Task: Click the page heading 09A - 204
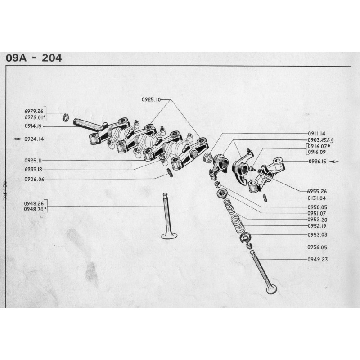(34, 58)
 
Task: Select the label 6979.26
(34, 111)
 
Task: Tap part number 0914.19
(34, 126)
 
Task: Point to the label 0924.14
(34, 139)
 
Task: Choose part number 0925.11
(34, 160)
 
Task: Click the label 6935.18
(34, 170)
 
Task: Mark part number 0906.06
(34, 179)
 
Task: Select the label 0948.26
(34, 203)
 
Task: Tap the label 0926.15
(317, 161)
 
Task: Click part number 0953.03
(317, 234)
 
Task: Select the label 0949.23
(317, 259)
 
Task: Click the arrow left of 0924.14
(17, 139)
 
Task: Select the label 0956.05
(317, 247)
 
